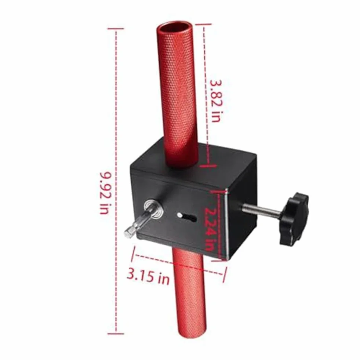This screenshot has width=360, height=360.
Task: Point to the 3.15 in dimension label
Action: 148,277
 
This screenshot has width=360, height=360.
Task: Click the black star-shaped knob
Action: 294,218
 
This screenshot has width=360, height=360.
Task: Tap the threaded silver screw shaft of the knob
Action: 262,210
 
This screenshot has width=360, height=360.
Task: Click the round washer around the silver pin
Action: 153,208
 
